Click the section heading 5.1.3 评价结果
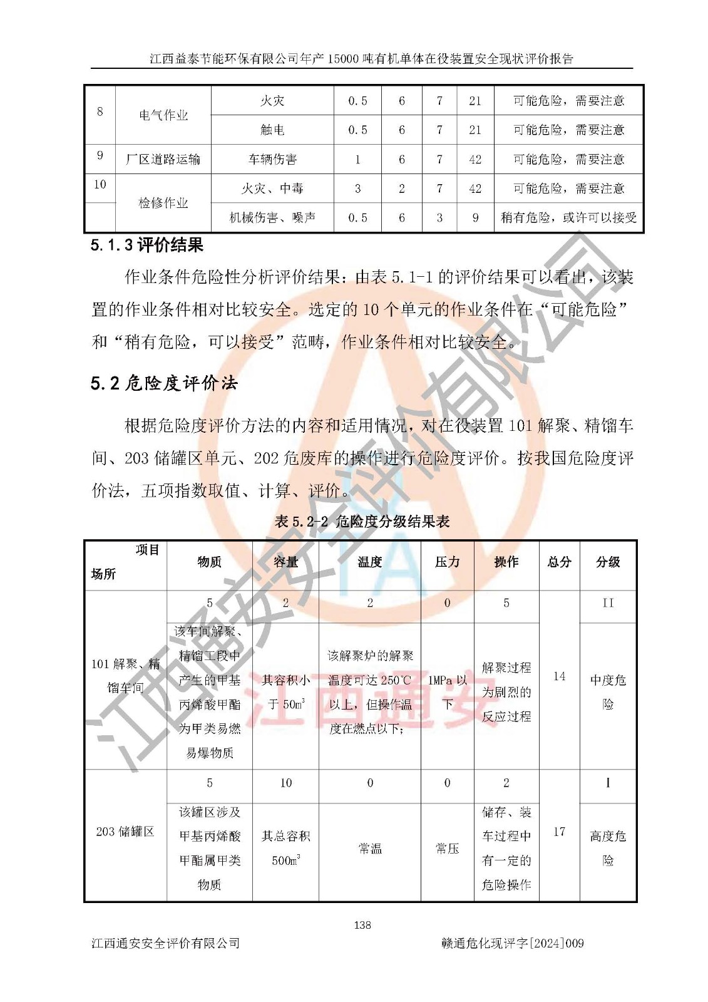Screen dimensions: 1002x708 click(147, 245)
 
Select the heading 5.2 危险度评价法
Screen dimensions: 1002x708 click(164, 383)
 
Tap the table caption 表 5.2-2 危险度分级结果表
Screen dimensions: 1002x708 click(362, 522)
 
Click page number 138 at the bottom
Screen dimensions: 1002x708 click(362, 924)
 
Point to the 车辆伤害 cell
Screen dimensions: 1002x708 click(272, 159)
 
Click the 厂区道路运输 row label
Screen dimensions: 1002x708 click(163, 159)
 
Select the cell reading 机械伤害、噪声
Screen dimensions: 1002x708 click(272, 217)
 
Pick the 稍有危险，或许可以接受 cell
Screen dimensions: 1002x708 click(568, 217)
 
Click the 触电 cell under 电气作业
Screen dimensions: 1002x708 click(272, 130)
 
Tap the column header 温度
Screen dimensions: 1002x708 click(369, 562)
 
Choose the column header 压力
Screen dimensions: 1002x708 click(447, 562)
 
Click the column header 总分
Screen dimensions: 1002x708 click(559, 562)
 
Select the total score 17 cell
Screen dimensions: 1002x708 click(559, 832)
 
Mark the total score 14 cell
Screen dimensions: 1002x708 click(559, 676)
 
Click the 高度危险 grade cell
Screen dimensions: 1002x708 click(607, 848)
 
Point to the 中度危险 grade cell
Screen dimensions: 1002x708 click(607, 691)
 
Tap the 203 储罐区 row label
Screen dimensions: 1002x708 click(125, 832)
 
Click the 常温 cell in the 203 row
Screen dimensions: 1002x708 click(369, 849)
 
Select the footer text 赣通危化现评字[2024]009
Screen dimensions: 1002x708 click(512, 943)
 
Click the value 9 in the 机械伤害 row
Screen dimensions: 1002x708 click(475, 217)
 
